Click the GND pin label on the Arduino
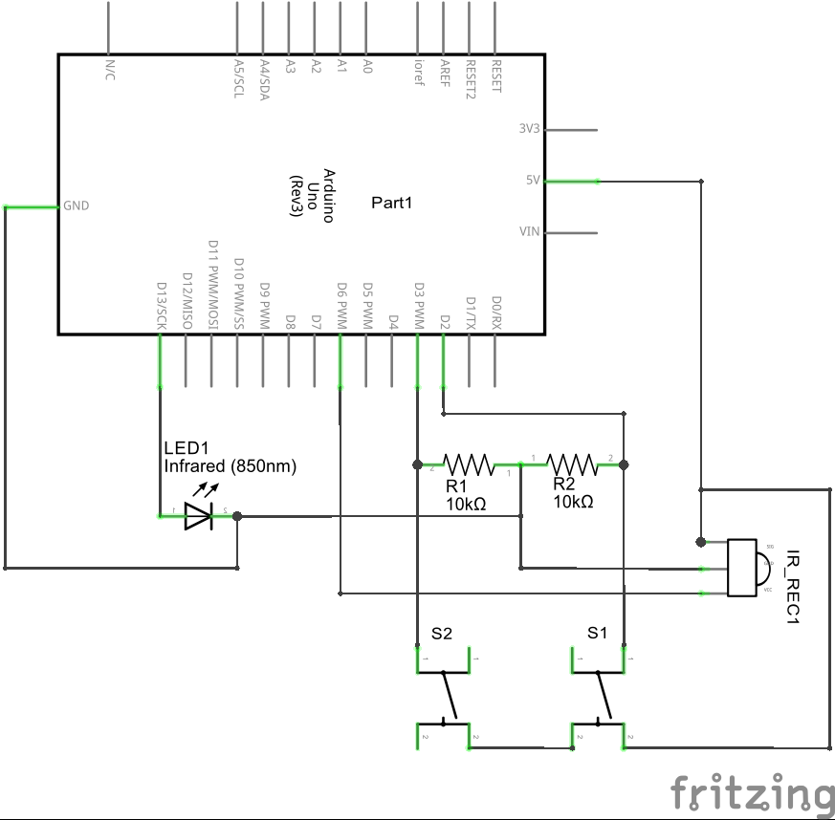(x=77, y=205)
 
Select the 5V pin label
(x=533, y=180)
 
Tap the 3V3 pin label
(x=529, y=129)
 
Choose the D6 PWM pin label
(x=341, y=305)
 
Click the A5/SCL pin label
(x=239, y=76)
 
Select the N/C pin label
(x=109, y=70)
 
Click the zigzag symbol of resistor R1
(x=468, y=465)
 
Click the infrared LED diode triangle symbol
(x=198, y=516)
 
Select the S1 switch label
(x=597, y=633)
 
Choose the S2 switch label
(x=441, y=633)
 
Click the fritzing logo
(x=751, y=792)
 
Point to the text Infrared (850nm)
(x=230, y=466)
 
